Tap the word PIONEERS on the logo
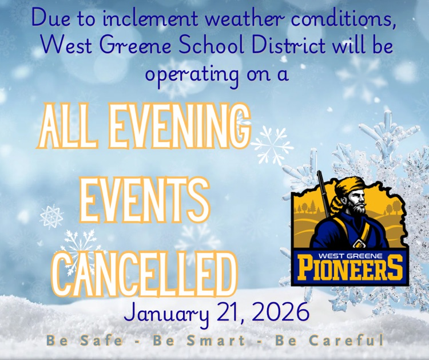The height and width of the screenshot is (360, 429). [351, 267]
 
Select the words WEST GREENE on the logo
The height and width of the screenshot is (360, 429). [350, 250]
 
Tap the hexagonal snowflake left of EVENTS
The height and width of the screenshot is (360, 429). [51, 216]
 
